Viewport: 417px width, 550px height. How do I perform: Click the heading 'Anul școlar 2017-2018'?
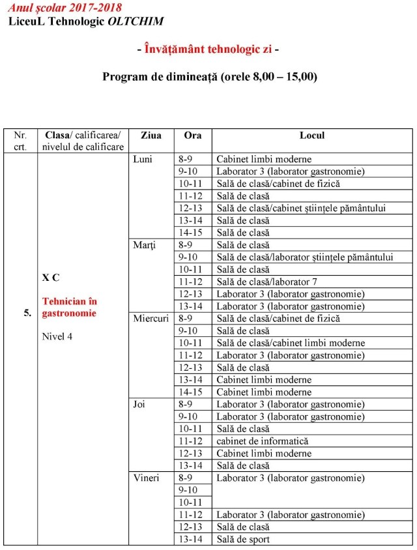click(65, 8)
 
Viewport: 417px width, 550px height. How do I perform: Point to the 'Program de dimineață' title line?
click(209, 76)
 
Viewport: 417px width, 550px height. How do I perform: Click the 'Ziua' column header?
click(151, 136)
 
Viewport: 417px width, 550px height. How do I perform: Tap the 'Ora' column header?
click(193, 136)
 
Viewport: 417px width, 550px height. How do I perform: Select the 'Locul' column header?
click(311, 136)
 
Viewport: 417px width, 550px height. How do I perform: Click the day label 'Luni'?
click(143, 159)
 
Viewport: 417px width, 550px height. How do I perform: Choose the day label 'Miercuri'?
click(152, 319)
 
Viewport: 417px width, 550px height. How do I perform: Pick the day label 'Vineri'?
click(146, 478)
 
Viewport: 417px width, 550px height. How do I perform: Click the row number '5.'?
click(27, 313)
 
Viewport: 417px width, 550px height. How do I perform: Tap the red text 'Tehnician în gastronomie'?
click(69, 308)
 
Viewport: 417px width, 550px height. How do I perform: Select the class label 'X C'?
click(51, 277)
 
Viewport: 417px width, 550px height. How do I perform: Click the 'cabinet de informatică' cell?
click(262, 441)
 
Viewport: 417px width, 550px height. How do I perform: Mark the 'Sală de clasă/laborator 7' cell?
click(268, 282)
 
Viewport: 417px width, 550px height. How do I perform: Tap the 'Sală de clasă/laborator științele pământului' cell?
click(305, 257)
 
